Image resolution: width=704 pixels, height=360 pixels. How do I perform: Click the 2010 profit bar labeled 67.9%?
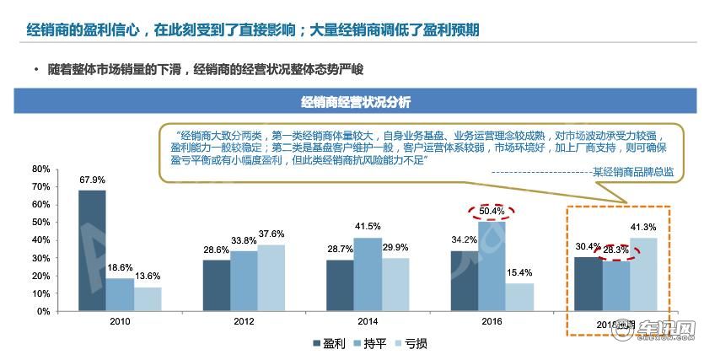pos(93,250)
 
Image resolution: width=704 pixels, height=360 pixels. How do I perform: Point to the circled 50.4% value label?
pos(491,210)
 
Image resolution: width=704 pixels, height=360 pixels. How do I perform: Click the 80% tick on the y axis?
pos(40,169)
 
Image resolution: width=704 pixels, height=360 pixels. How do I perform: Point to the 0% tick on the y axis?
pos(43,311)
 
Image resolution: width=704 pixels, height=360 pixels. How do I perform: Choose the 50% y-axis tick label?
pos(40,222)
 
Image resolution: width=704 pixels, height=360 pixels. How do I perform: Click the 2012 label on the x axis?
pos(243,322)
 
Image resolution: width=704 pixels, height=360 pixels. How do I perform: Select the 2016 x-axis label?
pos(491,322)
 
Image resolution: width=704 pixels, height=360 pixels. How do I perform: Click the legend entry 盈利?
pos(328,343)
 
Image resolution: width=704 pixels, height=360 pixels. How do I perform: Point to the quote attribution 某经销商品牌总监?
pos(632,172)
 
